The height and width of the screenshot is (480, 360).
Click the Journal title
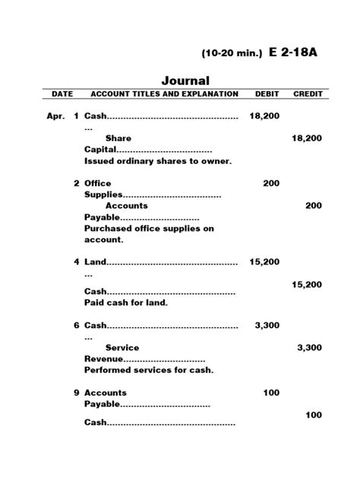tap(185, 81)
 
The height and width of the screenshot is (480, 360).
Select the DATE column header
tap(62, 94)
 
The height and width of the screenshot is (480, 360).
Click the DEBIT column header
tap(265, 94)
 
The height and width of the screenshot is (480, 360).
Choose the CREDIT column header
tap(308, 94)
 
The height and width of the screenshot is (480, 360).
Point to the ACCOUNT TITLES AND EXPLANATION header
tap(165, 94)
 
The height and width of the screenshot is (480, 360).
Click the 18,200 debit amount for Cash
tap(265, 116)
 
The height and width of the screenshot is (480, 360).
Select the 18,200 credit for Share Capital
tap(307, 138)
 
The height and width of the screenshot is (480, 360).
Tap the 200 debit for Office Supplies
tap(271, 183)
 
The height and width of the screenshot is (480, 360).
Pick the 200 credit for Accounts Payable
tap(314, 205)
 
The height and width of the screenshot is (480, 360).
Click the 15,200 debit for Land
tap(265, 261)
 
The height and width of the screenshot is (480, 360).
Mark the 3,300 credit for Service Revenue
tap(309, 347)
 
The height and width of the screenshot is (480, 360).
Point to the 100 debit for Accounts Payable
tap(271, 393)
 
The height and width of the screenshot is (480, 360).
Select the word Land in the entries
tap(95, 262)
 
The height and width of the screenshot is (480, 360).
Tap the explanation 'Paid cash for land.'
tap(126, 302)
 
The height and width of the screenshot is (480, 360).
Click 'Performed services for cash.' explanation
tap(149, 370)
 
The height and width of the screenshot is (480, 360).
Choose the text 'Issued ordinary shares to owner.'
tap(158, 161)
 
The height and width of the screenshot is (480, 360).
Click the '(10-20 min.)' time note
tap(232, 54)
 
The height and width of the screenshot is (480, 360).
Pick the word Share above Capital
tap(118, 138)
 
